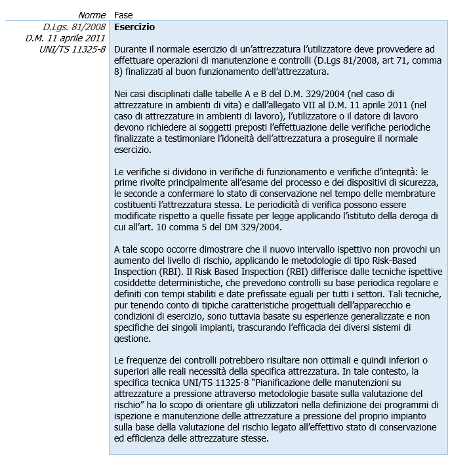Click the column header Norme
pos(92,14)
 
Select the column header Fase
pos(123,14)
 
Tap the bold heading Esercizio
pos(134,28)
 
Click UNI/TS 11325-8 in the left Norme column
pos(73,50)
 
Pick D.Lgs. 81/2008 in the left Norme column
pos(74,28)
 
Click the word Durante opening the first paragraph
pos(131,50)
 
